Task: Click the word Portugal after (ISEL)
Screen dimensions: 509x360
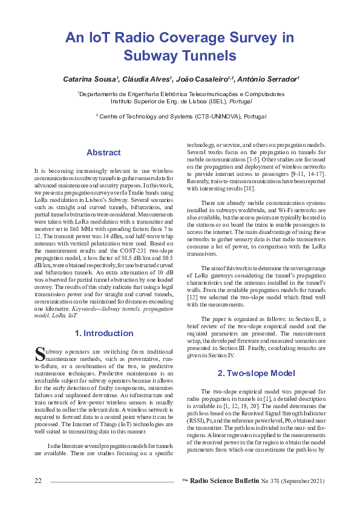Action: [x=241, y=102]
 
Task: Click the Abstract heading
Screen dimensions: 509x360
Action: [x=104, y=152]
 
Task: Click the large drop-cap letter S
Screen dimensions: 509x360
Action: [x=39, y=353]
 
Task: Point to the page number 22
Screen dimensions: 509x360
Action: [x=38, y=481]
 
